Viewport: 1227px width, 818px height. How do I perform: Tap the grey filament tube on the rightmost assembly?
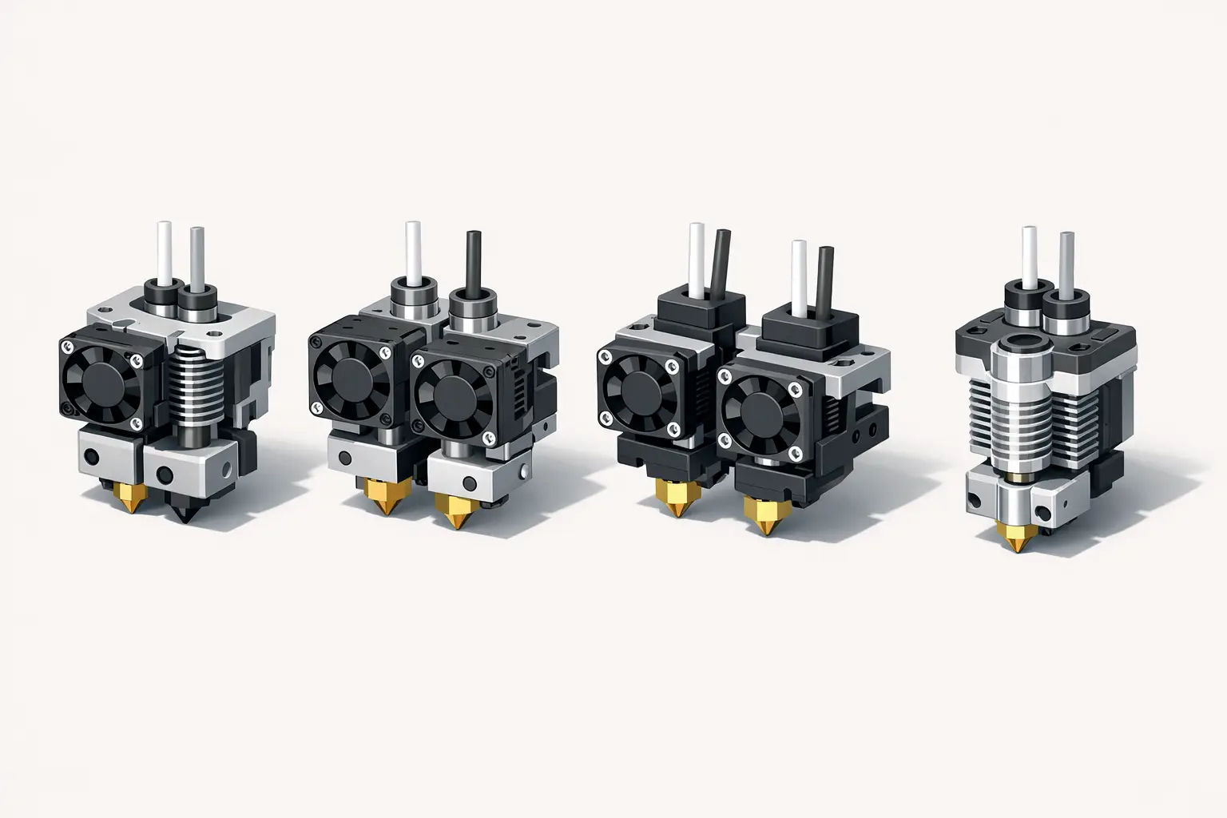pos(1066,259)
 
